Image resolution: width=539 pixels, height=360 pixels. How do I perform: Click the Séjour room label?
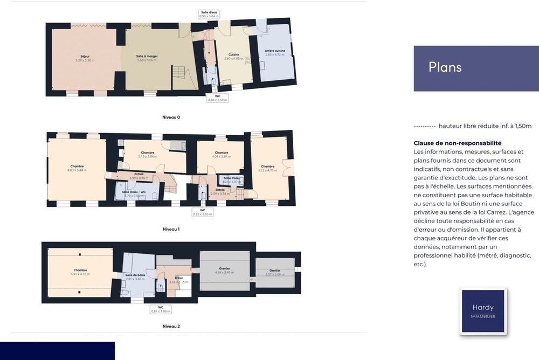(x=85, y=58)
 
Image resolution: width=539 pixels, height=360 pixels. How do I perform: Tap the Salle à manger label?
(x=147, y=58)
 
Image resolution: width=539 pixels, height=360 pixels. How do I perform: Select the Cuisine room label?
(x=233, y=56)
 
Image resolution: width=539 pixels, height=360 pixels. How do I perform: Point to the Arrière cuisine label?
(x=275, y=53)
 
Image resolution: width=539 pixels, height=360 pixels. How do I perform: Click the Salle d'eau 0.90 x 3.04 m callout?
(x=209, y=14)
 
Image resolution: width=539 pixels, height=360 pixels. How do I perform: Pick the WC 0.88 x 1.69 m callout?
(x=218, y=98)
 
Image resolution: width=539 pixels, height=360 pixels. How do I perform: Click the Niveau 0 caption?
(x=171, y=117)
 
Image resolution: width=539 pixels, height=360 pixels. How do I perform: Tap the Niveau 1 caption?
(x=171, y=229)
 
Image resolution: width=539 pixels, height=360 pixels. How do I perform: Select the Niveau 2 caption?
(x=171, y=326)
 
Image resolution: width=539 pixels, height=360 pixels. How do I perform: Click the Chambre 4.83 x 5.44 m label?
(x=77, y=168)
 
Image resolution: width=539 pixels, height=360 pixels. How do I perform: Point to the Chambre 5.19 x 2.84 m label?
(x=148, y=154)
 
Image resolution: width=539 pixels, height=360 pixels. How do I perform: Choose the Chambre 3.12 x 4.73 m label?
(x=268, y=168)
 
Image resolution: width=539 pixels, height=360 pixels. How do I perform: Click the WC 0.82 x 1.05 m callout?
(x=203, y=212)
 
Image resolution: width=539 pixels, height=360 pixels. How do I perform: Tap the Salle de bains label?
(x=135, y=276)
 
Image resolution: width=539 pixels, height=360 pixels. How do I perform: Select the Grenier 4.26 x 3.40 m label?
(x=224, y=270)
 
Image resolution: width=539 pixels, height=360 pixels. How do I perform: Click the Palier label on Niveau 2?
(x=178, y=280)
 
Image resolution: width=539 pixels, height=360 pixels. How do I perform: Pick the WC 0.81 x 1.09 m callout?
(x=161, y=309)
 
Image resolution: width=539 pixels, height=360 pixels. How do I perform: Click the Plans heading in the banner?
(x=445, y=67)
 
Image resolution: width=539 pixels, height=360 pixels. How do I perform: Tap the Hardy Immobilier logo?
(x=483, y=311)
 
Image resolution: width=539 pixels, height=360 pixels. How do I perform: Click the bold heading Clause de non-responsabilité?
(x=457, y=143)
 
